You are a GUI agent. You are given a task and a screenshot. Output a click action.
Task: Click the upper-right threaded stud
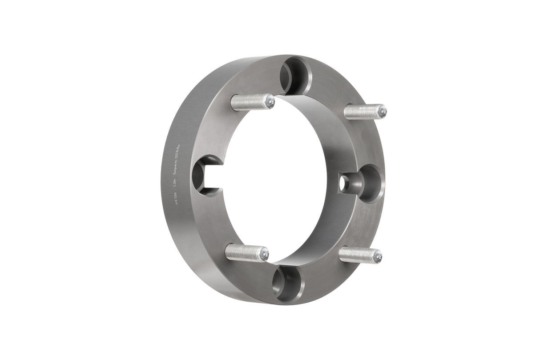[365, 111]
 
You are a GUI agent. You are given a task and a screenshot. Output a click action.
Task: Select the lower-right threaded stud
[359, 255]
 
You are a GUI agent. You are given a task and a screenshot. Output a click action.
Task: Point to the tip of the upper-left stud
[270, 102]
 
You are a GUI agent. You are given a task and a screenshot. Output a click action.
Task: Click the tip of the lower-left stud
[265, 254]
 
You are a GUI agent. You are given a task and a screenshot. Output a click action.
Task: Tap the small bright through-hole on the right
[345, 183]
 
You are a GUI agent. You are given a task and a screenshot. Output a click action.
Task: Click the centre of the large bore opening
[276, 178]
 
